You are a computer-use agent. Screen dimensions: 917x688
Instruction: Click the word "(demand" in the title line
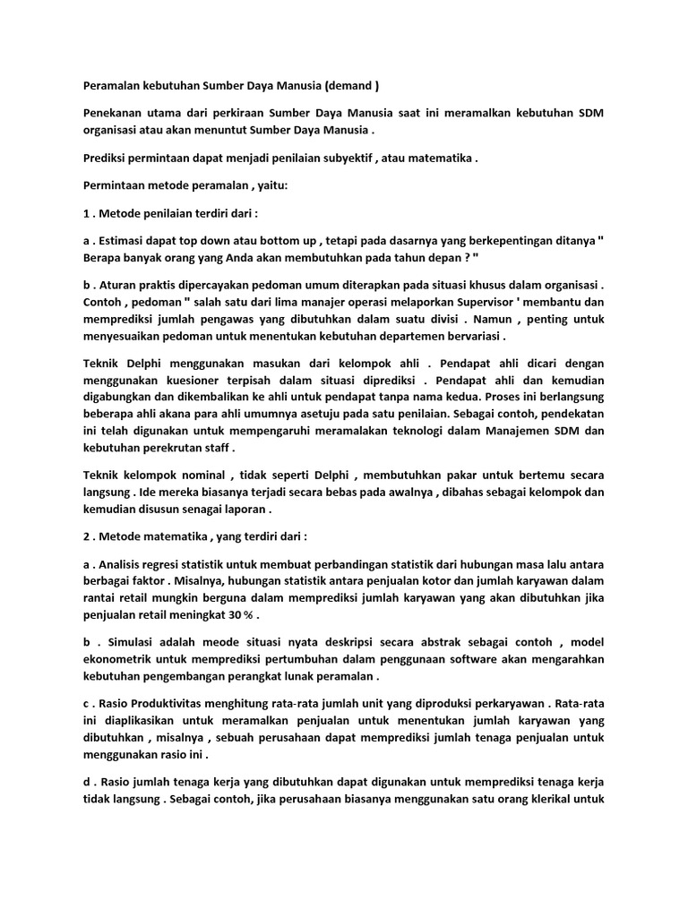click(349, 86)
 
